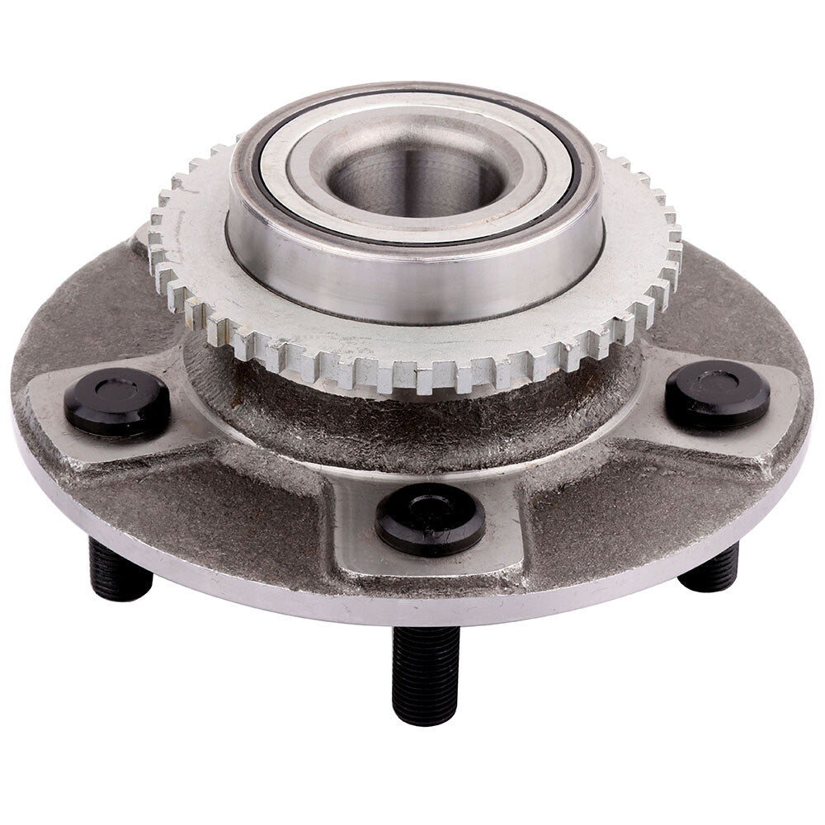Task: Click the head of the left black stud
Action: pyautogui.click(x=116, y=403)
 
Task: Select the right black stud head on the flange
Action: pyautogui.click(x=717, y=394)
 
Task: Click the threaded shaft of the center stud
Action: pyautogui.click(x=425, y=672)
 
